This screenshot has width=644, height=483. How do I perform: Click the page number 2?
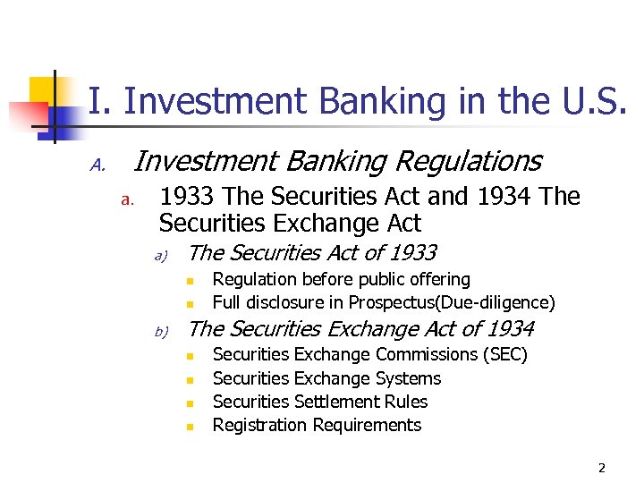[x=602, y=468]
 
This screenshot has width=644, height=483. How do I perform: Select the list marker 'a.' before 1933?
[x=127, y=199]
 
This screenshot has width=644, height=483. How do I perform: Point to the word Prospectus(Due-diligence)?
[x=452, y=302]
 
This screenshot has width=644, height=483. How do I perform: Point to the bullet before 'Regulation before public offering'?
[x=190, y=281]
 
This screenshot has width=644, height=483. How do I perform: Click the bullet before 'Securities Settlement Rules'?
[x=190, y=403]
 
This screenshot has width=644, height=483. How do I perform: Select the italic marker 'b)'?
[x=162, y=333]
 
